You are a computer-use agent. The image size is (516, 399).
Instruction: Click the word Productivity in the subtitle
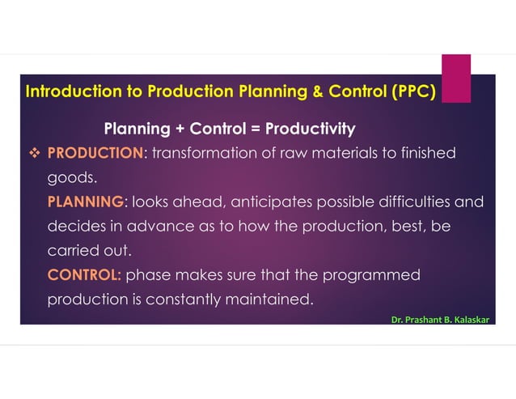click(x=311, y=129)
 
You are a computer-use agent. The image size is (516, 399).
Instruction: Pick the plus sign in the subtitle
click(x=176, y=129)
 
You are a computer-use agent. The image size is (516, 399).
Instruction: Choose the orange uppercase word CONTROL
click(x=83, y=274)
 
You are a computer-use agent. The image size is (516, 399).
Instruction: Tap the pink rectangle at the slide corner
click(x=455, y=79)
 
